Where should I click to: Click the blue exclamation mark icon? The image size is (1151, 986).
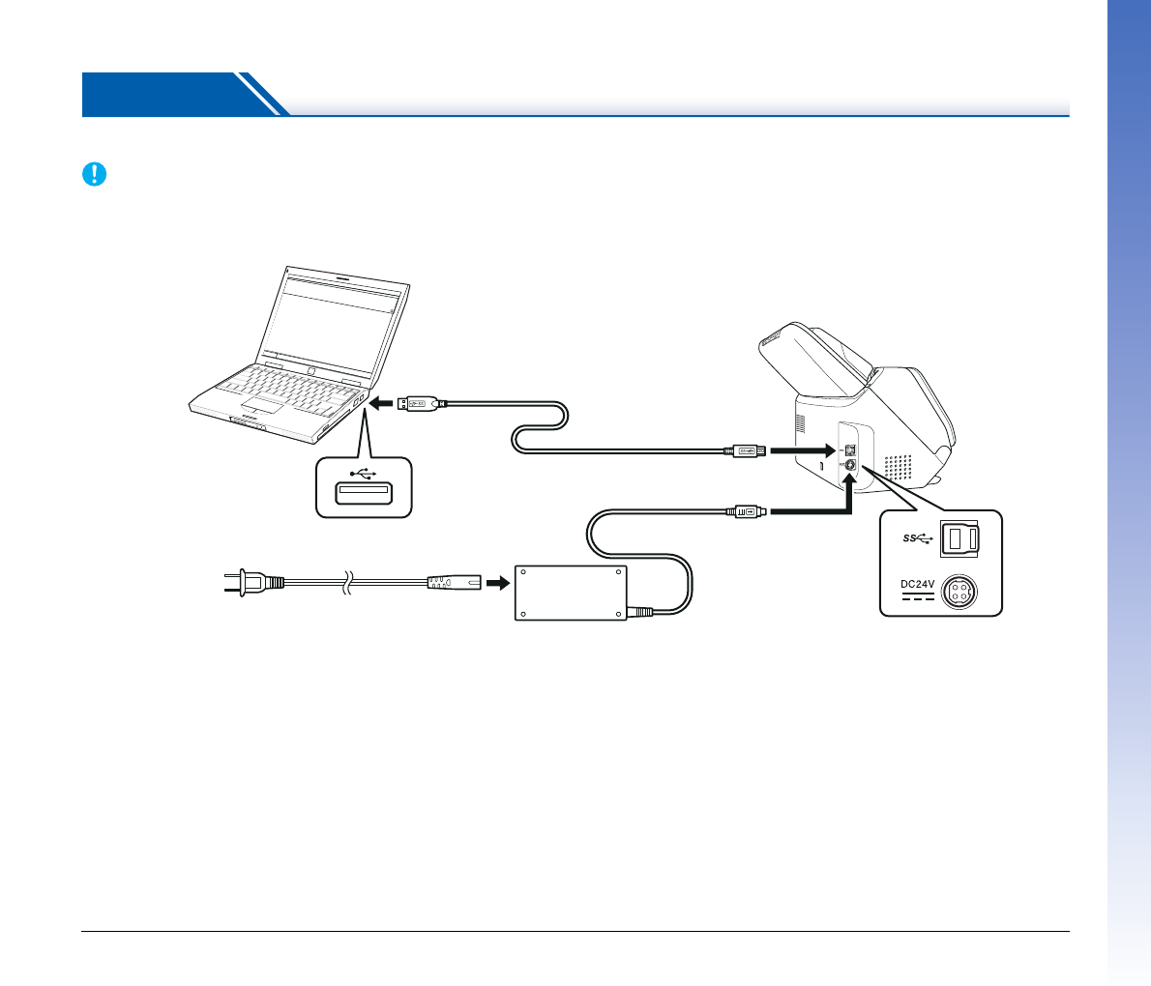[94, 174]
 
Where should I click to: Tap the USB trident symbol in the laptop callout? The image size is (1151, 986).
[364, 474]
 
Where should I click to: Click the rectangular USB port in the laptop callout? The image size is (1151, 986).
[363, 494]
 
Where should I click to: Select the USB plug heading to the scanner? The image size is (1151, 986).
[746, 450]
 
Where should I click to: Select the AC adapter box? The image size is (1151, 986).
[571, 593]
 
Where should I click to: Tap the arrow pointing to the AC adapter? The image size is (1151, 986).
[497, 583]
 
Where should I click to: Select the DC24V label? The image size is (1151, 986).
[918, 584]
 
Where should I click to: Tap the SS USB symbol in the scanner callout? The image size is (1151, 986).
[917, 538]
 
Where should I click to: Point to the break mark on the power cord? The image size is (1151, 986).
[349, 583]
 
